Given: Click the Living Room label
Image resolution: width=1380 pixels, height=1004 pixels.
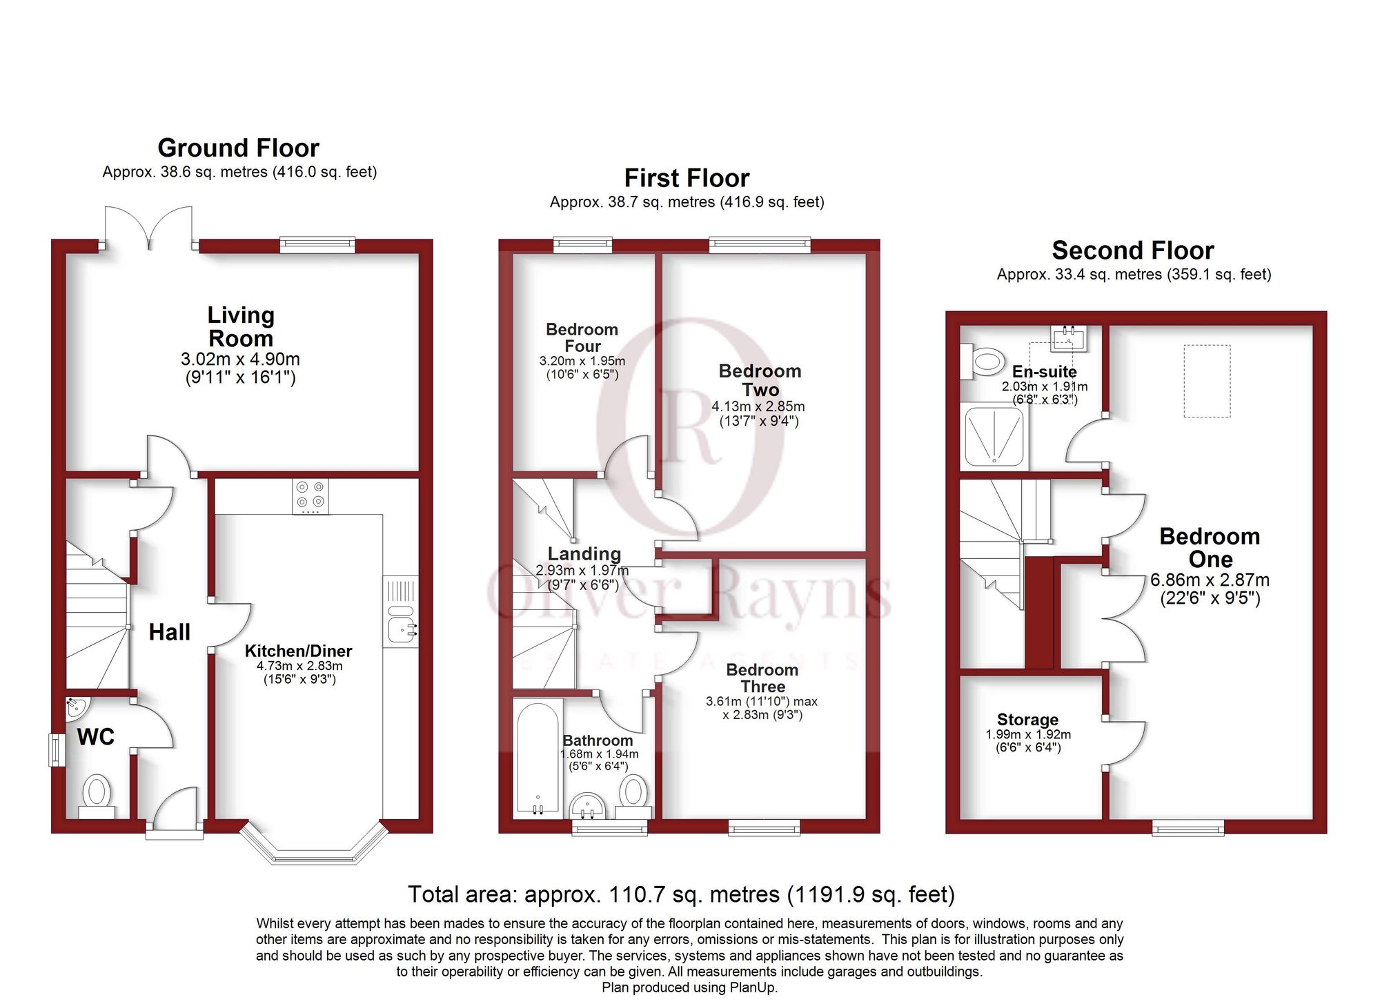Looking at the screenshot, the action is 241,326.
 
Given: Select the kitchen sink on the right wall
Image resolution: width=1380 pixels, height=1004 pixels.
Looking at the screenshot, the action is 400,611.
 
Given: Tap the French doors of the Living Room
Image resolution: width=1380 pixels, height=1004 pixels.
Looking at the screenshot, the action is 148,227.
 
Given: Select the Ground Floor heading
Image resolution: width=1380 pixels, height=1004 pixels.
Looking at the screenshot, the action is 239,148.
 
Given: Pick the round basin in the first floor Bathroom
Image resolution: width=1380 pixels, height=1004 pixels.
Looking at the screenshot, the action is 588,805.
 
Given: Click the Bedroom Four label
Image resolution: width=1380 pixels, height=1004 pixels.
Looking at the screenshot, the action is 582,337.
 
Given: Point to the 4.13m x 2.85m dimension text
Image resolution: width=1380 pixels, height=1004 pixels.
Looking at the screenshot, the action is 758,406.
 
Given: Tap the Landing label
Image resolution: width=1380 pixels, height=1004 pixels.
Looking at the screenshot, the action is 584,553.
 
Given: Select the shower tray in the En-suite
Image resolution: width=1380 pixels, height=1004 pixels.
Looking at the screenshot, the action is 994,436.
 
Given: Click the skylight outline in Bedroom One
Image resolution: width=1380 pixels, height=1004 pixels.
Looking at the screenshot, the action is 1207,381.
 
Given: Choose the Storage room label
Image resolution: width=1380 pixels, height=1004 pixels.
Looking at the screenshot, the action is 1027,720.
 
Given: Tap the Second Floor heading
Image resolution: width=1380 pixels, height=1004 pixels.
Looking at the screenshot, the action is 1133,250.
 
